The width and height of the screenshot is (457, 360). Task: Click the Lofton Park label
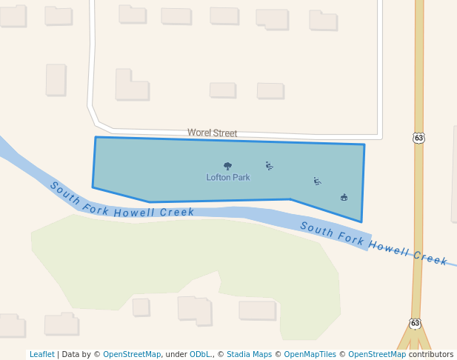pos(228,178)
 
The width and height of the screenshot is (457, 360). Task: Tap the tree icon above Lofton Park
pos(227,167)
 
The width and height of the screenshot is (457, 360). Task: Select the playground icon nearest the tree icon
pos(269,166)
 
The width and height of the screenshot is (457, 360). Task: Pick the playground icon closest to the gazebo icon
pos(317,181)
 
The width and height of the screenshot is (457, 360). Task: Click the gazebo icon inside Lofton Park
pos(344,197)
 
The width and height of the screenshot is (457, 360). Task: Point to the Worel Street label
pos(213,133)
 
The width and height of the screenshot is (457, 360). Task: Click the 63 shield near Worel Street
pos(419,138)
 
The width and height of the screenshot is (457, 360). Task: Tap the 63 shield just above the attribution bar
pos(416,324)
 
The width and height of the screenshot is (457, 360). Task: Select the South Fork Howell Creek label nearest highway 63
pos(374,243)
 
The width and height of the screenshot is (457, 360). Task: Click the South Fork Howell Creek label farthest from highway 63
pos(121,201)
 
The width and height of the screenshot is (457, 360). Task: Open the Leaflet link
pos(41,355)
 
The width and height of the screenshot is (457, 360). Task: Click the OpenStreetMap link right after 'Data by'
pos(132,355)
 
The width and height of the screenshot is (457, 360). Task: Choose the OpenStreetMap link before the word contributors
pos(377,355)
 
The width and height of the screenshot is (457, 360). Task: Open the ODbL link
pos(199,355)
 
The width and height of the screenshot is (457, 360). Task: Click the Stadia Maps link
pos(249,355)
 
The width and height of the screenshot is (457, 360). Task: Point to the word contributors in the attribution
pos(431,355)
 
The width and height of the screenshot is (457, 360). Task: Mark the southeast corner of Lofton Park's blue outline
pos(361,221)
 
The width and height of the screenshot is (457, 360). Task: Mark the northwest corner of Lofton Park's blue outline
pos(96,137)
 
